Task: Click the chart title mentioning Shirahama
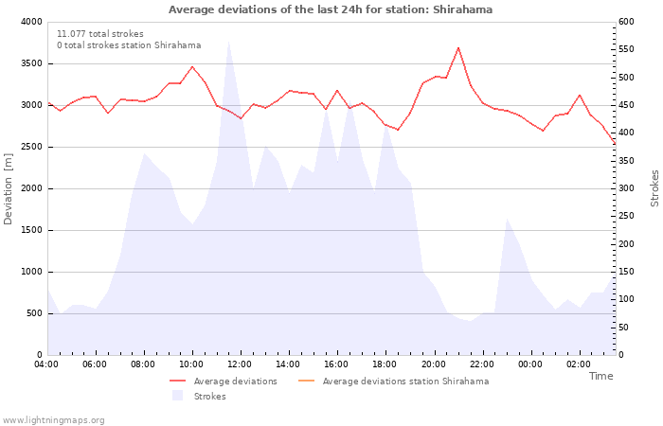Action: click(x=331, y=9)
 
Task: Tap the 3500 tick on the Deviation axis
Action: click(x=31, y=63)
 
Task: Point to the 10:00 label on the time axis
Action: click(x=191, y=364)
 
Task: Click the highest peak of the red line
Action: click(x=457, y=47)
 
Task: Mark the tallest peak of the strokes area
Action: click(x=228, y=41)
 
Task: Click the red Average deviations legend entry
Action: click(x=224, y=382)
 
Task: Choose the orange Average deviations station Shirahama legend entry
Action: click(x=393, y=382)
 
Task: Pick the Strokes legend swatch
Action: click(x=178, y=396)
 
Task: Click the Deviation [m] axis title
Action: click(x=8, y=188)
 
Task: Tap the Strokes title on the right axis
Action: click(x=654, y=188)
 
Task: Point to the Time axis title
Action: click(x=600, y=376)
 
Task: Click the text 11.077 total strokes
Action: click(x=100, y=34)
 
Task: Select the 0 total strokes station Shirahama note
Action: click(x=129, y=45)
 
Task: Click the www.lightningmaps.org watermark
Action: click(x=53, y=420)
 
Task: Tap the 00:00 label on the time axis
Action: click(x=529, y=364)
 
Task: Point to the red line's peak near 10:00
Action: click(x=192, y=67)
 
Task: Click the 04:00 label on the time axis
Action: click(x=46, y=364)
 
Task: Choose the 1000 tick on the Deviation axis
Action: click(x=31, y=273)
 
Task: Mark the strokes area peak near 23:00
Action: click(x=507, y=219)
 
